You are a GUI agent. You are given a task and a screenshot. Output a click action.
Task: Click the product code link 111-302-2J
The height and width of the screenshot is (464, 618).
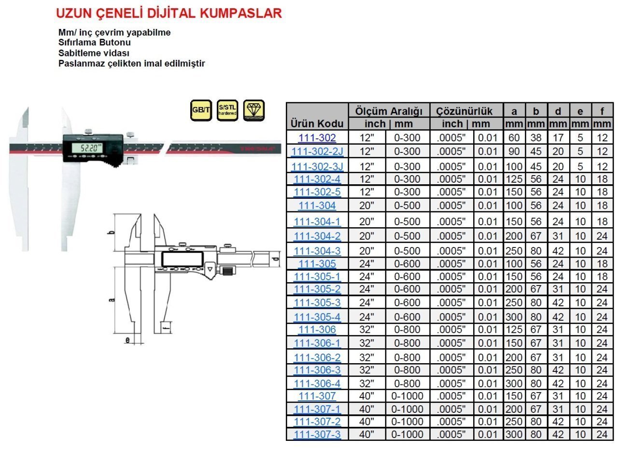(x=317, y=151)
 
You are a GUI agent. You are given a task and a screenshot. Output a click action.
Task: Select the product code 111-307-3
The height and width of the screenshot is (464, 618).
(x=317, y=434)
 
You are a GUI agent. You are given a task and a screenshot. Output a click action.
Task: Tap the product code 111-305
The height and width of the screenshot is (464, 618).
(x=317, y=264)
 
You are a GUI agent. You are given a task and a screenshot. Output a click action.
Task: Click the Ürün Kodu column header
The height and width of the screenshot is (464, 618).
(x=317, y=123)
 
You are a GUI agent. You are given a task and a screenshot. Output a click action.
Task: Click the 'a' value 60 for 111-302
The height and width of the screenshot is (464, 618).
(x=514, y=137)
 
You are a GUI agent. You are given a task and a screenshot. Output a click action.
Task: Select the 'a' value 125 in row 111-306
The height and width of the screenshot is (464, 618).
(x=514, y=330)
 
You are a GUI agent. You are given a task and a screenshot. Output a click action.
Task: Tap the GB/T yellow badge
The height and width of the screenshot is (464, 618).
(x=201, y=110)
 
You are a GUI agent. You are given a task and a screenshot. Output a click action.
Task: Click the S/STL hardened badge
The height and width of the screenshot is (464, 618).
(x=227, y=110)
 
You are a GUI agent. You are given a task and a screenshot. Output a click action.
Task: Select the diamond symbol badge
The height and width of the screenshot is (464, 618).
(x=254, y=110)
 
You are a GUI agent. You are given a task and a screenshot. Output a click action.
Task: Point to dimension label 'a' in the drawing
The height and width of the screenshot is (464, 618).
(x=112, y=300)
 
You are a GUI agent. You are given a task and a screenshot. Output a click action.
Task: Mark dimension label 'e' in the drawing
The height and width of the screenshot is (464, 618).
(x=127, y=341)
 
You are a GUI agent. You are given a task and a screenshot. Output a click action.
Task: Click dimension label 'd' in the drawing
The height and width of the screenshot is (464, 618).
(x=275, y=259)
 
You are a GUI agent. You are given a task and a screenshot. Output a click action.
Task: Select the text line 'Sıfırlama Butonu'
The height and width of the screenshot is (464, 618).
(x=95, y=42)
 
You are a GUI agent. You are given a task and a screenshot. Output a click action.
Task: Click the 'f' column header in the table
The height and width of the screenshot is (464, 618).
(x=602, y=111)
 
